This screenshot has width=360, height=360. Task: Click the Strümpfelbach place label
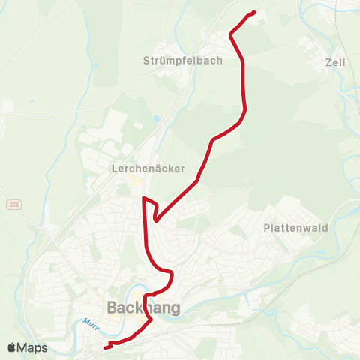182,61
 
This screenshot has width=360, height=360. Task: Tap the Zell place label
335,63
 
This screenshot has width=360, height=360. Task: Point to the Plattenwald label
295,227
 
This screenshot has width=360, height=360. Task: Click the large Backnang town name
142,307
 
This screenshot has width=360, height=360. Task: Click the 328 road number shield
13,204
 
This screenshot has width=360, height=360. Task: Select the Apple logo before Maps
12,348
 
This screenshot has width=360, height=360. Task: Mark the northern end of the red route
255,12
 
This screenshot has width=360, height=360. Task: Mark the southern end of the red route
103,347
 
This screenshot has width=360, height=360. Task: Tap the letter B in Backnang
112,307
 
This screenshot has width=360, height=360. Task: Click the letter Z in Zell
328,63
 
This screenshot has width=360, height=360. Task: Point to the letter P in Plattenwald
267,227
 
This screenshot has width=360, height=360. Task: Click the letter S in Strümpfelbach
146,61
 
